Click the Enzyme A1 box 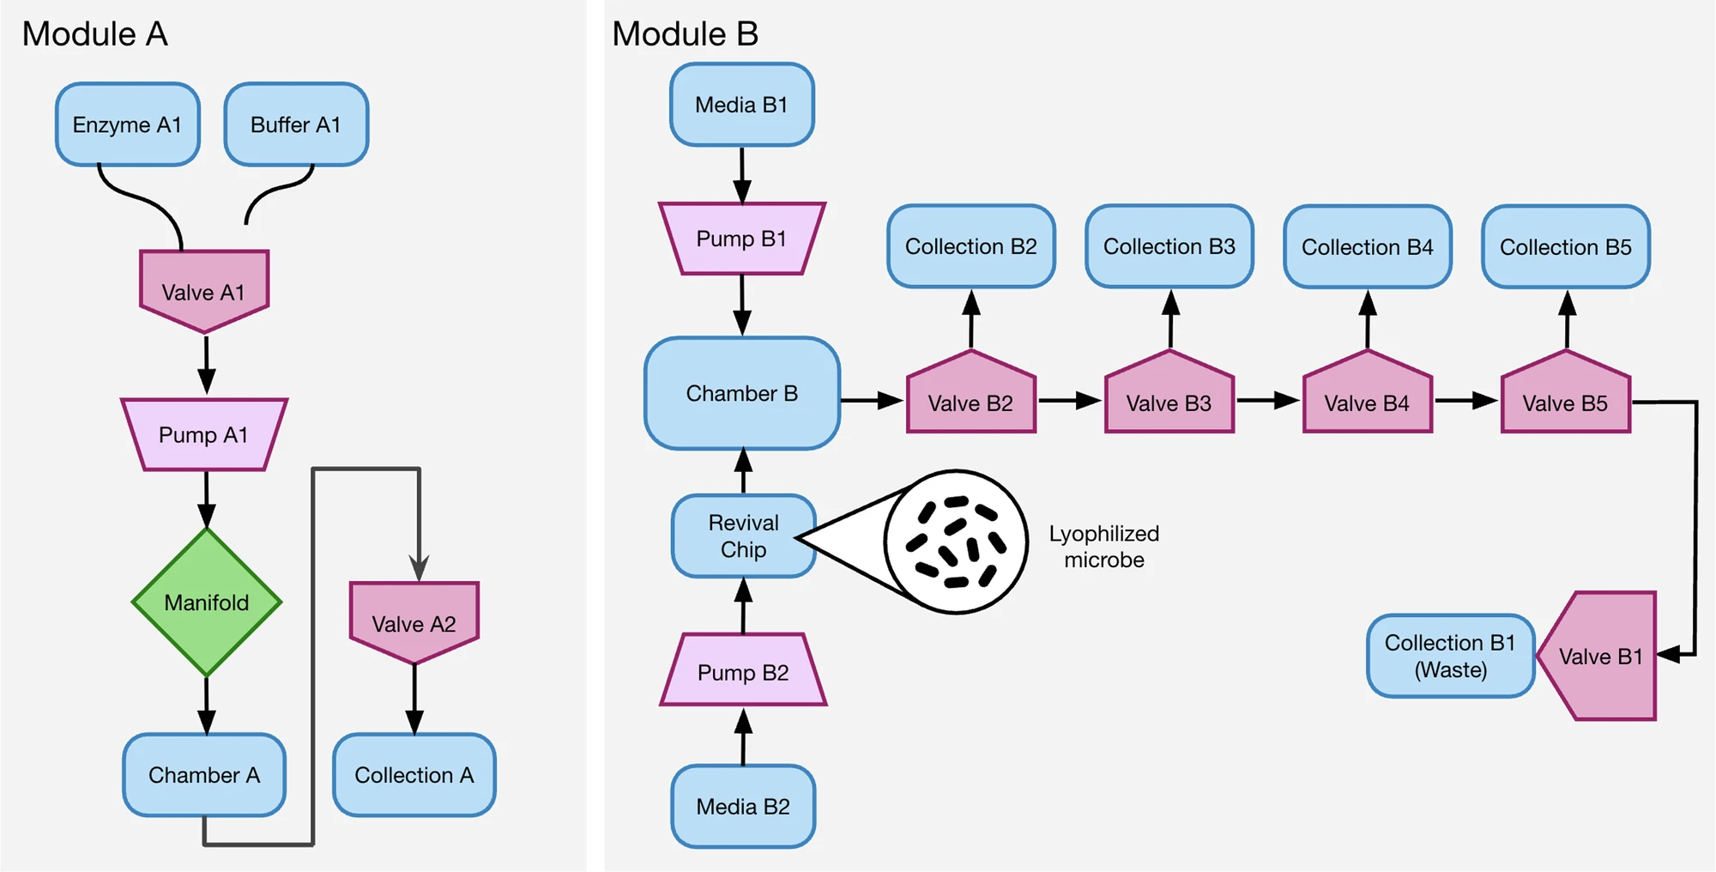pos(128,124)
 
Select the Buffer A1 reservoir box pos(296,124)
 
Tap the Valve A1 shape pos(204,290)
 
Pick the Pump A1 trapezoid pos(204,434)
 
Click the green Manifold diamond pos(207,603)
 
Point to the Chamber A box pos(204,775)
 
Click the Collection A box pos(414,775)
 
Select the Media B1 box pos(742,105)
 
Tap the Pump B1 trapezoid pos(742,239)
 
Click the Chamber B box pos(742,393)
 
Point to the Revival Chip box pos(743,536)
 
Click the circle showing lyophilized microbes pos(956,542)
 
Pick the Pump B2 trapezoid pos(743,671)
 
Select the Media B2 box pos(743,807)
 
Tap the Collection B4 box pos(1368,247)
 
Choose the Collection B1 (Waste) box pos(1450,656)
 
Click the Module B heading pos(685,34)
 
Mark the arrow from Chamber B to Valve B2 pos(872,400)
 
